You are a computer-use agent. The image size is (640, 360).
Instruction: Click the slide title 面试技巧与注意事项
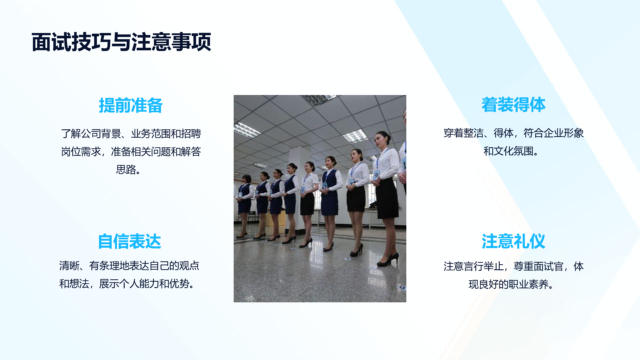121,42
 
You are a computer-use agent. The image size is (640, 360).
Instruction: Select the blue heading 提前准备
131,105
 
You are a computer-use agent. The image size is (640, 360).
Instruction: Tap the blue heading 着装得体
513,105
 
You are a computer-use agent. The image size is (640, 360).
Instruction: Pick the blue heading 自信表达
129,241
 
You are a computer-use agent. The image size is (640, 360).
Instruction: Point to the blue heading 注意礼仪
513,241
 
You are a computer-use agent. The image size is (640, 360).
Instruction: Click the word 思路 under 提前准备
126,170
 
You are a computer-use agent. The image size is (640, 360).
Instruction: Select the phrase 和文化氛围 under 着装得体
509,151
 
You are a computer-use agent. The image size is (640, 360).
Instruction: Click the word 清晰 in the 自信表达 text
69,266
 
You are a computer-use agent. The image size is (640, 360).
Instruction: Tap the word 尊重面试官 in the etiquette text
538,266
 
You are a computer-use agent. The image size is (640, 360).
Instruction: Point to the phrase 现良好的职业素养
509,284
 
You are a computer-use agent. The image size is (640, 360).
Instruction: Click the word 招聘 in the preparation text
191,134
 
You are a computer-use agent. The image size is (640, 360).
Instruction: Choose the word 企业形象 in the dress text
564,133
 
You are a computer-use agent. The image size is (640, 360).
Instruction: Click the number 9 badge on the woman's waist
376,175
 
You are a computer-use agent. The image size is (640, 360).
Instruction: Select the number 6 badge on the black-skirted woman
303,189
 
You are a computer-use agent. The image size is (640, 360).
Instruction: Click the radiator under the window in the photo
375,218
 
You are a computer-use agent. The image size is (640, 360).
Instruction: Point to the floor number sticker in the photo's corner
402,287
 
